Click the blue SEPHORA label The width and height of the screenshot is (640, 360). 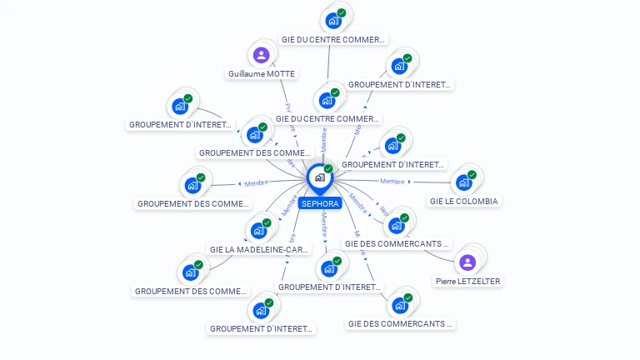tap(320, 203)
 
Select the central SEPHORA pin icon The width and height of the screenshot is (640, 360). tap(319, 177)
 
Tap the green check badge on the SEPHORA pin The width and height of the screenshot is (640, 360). tap(328, 169)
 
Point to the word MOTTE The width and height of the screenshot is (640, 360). tap(281, 74)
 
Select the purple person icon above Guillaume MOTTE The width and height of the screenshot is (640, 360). tap(261, 56)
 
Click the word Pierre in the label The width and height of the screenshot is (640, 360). tap(446, 282)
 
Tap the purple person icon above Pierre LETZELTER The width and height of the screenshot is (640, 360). tap(467, 262)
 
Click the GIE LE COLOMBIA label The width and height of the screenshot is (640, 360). tap(464, 201)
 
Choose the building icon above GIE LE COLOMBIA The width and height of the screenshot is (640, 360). tap(463, 182)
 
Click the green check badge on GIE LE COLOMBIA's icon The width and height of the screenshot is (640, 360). tap(472, 175)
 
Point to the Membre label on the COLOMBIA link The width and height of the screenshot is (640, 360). tap(392, 181)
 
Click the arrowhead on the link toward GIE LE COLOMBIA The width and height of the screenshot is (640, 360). tap(409, 182)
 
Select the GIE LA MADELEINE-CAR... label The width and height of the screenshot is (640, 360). tap(259, 248)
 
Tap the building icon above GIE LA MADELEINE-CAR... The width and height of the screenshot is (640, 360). tap(258, 230)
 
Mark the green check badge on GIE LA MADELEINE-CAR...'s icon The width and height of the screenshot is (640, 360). tap(267, 222)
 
